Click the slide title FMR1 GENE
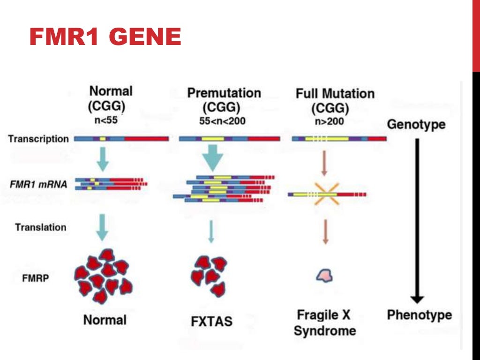coord(105,37)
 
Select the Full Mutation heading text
coord(335,94)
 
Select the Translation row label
coord(41,227)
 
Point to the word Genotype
coord(416,125)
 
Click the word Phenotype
coord(419,315)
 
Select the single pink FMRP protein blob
coord(324,276)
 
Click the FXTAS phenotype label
coord(211,322)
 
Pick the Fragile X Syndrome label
coord(324,322)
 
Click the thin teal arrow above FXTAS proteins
coord(211,231)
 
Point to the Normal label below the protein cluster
coord(105,320)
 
